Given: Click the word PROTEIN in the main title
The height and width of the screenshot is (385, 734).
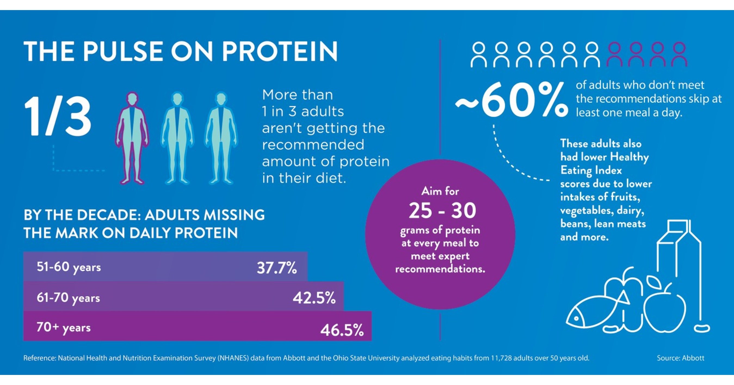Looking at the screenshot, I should click(280, 52).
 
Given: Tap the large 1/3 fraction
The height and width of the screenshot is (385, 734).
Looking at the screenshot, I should click(58, 116).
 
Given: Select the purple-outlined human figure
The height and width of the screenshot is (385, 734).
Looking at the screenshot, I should click(132, 138).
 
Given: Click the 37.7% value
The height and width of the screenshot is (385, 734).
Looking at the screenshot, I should click(277, 268).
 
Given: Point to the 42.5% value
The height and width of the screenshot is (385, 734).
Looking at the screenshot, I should click(314, 298).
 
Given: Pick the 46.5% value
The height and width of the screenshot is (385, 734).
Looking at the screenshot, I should click(342, 330).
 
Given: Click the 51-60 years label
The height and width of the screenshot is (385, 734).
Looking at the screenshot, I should click(69, 267).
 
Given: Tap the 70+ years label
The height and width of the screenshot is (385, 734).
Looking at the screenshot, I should click(64, 327).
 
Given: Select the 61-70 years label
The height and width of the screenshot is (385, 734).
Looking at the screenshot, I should click(68, 298).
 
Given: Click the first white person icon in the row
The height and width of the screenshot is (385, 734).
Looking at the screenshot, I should click(479, 55).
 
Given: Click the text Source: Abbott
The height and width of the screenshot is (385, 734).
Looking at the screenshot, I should click(680, 358).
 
